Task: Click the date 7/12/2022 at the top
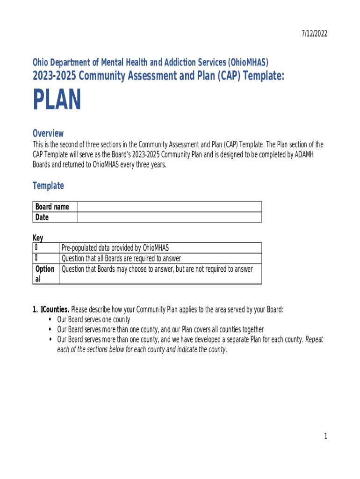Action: pos(314,33)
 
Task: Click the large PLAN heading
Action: pos(57,100)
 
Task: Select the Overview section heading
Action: pos(48,133)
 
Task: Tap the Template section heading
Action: pos(48,186)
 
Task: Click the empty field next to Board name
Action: pos(169,207)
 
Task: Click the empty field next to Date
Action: pos(169,218)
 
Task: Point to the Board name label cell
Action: pos(52,207)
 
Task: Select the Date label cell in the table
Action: pos(42,218)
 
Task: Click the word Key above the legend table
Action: pos(37,238)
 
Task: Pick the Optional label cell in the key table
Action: pos(45,274)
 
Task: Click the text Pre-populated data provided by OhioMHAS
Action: pos(115,247)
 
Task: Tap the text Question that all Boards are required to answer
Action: pos(121,258)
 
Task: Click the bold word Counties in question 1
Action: pos(56,310)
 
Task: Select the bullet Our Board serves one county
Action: pos(94,320)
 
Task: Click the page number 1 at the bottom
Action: pos(325,436)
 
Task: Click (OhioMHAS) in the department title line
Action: pos(248,62)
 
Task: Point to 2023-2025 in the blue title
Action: pos(51,76)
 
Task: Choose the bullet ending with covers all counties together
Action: pos(160,329)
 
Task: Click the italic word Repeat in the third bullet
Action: pos(314,340)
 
